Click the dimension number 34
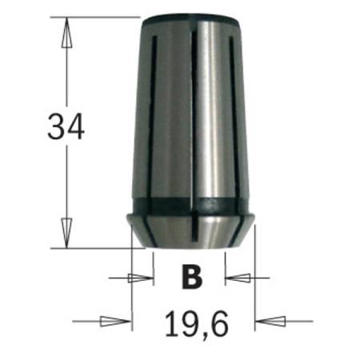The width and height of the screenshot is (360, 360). [x=66, y=127]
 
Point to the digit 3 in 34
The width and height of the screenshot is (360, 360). [x=56, y=127]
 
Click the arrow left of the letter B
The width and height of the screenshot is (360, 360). [x=141, y=278]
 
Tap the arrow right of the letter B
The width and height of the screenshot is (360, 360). [x=238, y=278]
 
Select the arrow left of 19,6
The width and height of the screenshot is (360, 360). [x=117, y=322]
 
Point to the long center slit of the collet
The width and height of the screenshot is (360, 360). [x=191, y=120]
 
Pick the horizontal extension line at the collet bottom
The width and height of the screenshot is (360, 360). [x=96, y=248]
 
